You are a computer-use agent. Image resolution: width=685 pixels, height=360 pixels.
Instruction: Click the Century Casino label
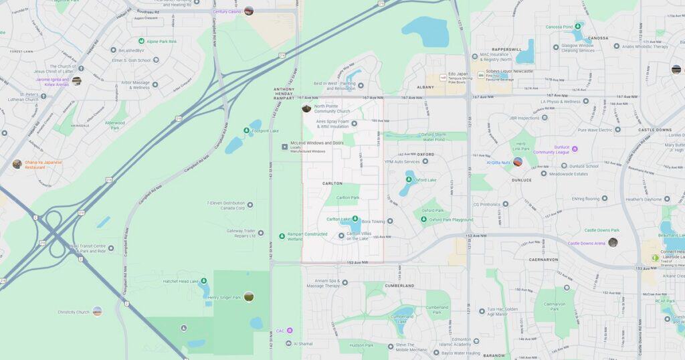227,11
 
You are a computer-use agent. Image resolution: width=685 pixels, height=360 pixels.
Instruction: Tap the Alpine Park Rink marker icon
142,41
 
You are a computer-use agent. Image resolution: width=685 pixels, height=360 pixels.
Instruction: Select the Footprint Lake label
265,130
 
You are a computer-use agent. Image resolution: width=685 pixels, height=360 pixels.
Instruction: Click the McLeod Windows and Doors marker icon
285,146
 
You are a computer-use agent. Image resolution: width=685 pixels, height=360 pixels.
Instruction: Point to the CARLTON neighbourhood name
332,183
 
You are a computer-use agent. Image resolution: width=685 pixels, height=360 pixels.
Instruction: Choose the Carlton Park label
347,197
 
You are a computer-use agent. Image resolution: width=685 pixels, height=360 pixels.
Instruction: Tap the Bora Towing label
373,221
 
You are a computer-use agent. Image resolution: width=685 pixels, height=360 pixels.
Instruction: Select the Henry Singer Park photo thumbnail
249,296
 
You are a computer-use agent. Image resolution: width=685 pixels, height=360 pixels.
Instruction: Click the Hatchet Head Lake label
180,282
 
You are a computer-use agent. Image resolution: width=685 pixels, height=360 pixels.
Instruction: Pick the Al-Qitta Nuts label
498,162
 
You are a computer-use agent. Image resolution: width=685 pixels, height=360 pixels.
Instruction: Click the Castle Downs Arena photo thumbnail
613,243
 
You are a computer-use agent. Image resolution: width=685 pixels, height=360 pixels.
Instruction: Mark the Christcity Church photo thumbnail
98,311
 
